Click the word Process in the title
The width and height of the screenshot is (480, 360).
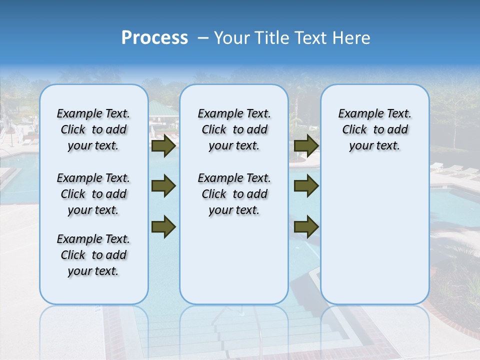pyautogui.click(x=154, y=38)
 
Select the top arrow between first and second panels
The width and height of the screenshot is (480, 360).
pyautogui.click(x=163, y=146)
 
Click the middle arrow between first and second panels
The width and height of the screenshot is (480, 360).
pyautogui.click(x=163, y=186)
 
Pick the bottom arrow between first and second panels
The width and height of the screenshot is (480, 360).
pyautogui.click(x=163, y=227)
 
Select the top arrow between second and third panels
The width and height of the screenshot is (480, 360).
pyautogui.click(x=306, y=146)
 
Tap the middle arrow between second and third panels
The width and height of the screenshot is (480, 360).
pyautogui.click(x=306, y=186)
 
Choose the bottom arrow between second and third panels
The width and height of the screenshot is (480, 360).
pyautogui.click(x=306, y=227)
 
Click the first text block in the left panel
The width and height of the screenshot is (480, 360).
pyautogui.click(x=93, y=129)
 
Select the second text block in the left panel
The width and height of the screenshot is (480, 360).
pyautogui.click(x=93, y=194)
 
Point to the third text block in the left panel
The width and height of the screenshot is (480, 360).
pyautogui.click(x=93, y=255)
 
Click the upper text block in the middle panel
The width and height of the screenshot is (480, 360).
pyautogui.click(x=234, y=129)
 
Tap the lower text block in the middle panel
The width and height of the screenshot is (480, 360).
pyautogui.click(x=234, y=194)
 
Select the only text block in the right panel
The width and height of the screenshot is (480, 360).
pyautogui.click(x=374, y=129)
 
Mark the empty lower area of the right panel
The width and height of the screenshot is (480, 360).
pyautogui.click(x=374, y=235)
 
